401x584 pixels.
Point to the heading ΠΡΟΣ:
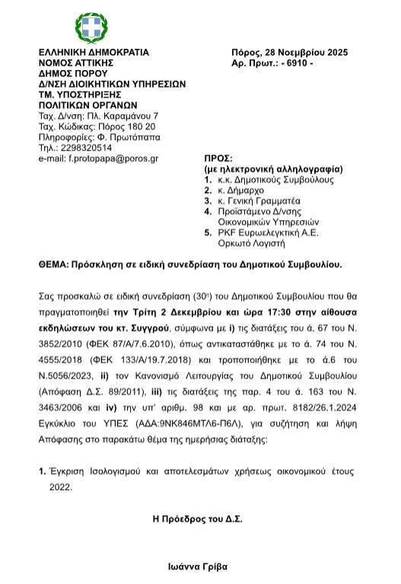pos(210,155)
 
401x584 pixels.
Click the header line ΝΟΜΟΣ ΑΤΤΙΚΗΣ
pos(75,63)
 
